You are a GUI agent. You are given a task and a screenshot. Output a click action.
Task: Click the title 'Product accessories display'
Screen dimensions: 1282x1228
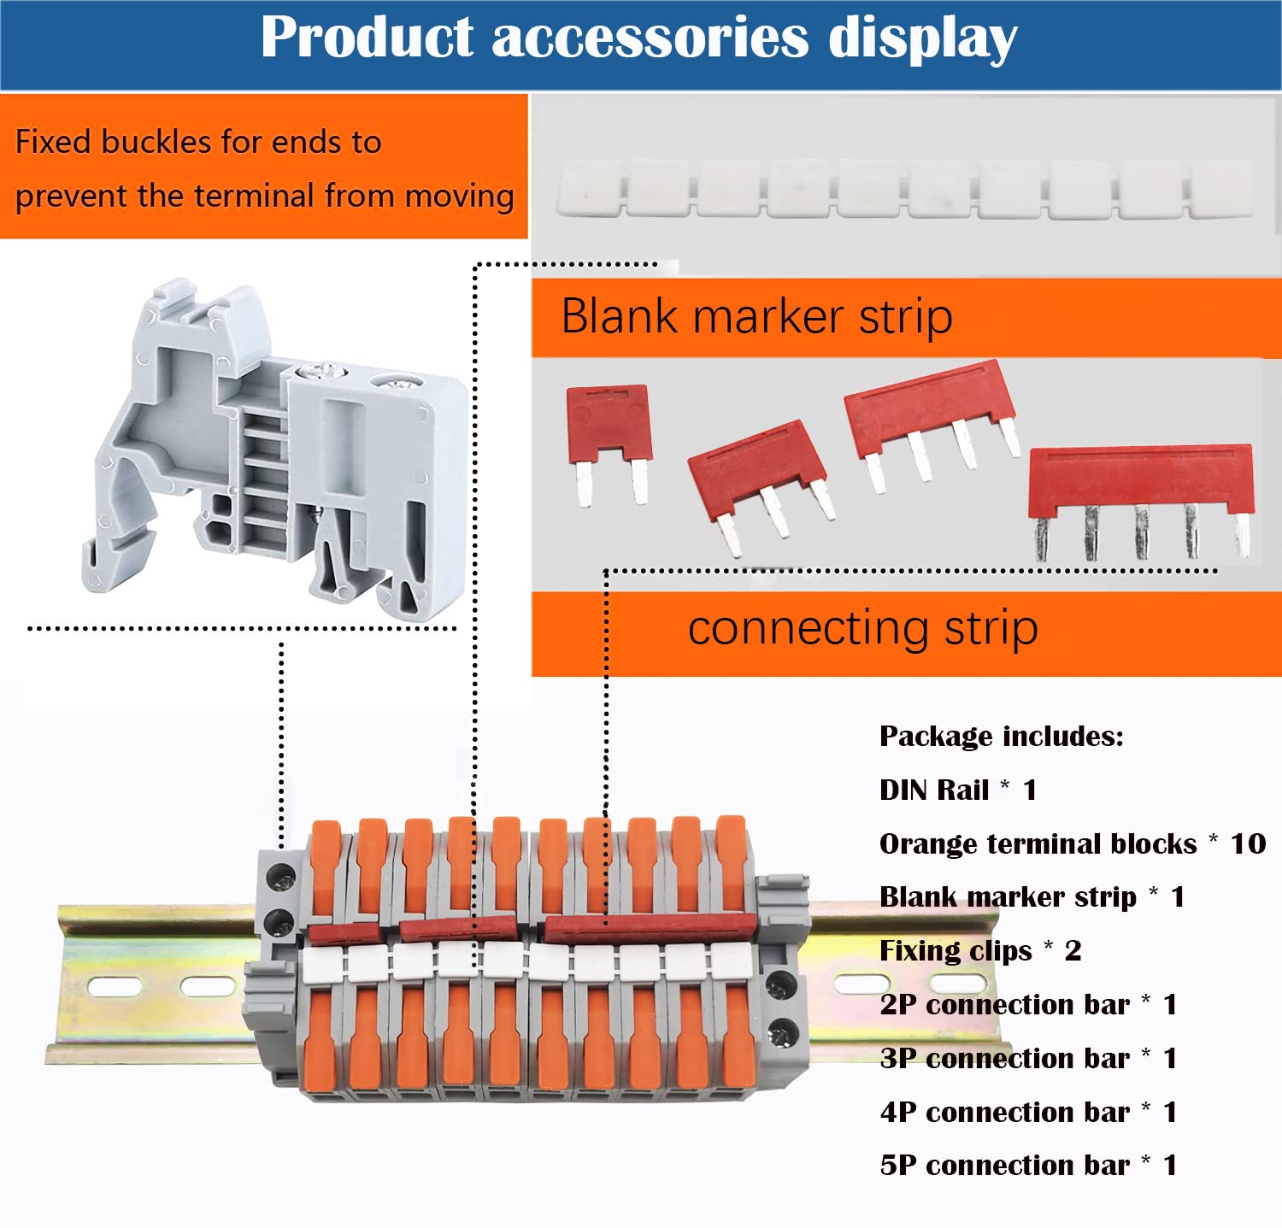639,38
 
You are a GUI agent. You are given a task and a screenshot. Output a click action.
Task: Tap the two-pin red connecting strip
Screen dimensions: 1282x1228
609,444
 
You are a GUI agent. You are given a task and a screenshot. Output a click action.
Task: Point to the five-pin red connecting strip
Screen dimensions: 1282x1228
1141,502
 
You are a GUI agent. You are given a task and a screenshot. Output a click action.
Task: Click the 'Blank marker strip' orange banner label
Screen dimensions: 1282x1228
756,316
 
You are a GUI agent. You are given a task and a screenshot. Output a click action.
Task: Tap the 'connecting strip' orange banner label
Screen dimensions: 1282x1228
863,628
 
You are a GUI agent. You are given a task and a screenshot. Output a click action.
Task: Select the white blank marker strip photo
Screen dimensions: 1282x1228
904,188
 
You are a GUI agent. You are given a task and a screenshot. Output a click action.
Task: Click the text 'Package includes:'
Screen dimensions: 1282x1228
1002,736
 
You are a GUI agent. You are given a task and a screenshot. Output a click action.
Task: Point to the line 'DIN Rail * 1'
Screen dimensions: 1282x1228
958,790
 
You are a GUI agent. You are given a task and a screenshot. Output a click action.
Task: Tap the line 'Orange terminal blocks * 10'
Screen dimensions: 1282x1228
1073,843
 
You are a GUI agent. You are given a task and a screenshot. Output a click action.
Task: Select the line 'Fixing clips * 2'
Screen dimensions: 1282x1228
980,950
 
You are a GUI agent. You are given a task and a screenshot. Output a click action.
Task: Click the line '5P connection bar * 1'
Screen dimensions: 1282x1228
1028,1165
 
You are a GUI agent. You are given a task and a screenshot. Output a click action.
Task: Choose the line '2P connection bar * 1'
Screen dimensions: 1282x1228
1028,1004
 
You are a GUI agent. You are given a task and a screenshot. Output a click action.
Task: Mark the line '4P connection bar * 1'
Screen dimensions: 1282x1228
1028,1112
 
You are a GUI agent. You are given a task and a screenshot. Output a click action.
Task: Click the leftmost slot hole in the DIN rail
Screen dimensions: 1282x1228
115,988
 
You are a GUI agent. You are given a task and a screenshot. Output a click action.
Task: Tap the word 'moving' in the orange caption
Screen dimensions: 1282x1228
459,197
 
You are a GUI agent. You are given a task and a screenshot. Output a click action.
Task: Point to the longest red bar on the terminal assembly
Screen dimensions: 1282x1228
650,927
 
